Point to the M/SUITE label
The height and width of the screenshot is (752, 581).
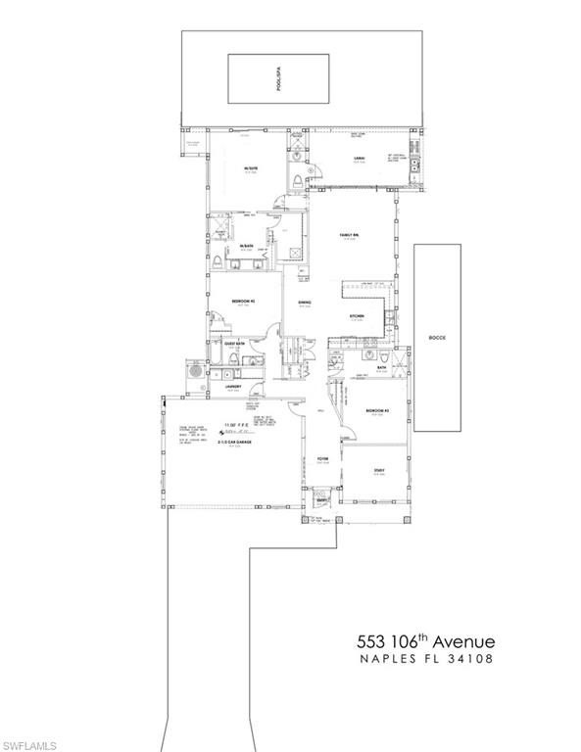click(x=251, y=169)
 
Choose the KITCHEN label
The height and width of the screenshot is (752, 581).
click(x=359, y=316)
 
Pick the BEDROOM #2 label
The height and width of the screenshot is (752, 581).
click(x=243, y=301)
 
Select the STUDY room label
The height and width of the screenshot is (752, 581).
click(x=378, y=471)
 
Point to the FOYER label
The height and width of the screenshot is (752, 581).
click(x=320, y=458)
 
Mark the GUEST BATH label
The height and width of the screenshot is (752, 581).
click(x=234, y=344)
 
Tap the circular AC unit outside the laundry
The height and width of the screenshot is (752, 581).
click(x=195, y=373)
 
